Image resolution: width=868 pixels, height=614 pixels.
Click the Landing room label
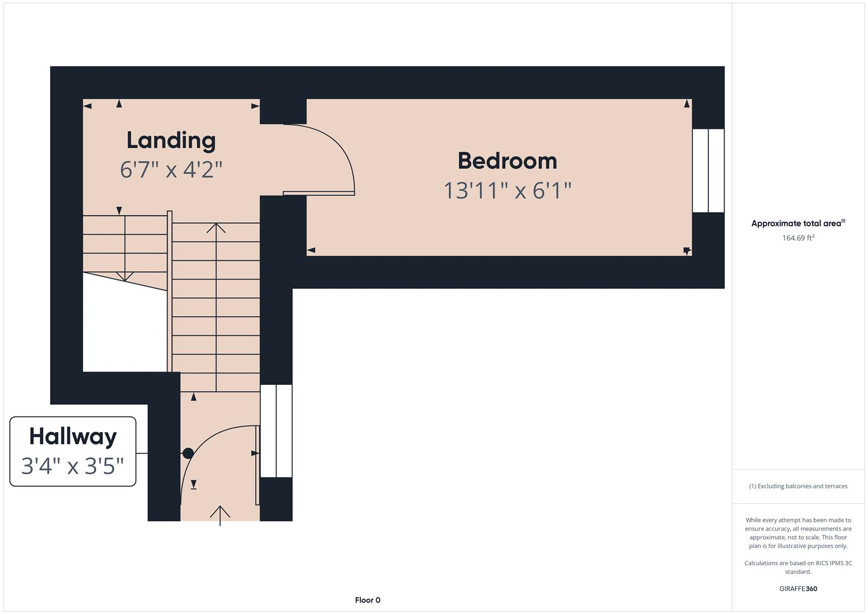(171, 140)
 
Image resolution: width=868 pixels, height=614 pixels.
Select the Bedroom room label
(507, 161)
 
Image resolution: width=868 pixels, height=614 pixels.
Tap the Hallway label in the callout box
(73, 437)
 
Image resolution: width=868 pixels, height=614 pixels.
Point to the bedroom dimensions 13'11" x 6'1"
(507, 190)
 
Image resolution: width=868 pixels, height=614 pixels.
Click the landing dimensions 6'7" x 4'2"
(171, 169)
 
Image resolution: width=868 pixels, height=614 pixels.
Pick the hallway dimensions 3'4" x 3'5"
(73, 466)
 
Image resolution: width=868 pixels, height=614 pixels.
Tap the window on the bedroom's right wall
(708, 171)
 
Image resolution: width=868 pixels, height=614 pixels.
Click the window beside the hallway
(276, 431)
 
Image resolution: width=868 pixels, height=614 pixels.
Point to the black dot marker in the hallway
(188, 453)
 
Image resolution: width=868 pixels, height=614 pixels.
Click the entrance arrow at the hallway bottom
(220, 513)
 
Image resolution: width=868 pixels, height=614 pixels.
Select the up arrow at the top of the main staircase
(216, 228)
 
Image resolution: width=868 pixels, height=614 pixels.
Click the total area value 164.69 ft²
(798, 238)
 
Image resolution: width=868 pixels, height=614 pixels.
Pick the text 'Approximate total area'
(796, 223)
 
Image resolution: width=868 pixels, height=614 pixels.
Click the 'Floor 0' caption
(367, 600)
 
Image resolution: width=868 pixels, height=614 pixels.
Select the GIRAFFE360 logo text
(798, 588)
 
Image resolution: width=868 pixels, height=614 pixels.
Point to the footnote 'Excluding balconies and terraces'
(802, 486)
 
